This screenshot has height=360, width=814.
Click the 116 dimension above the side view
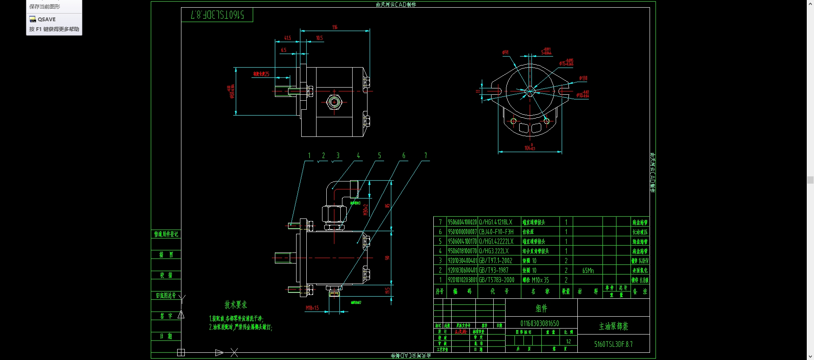click(335, 27)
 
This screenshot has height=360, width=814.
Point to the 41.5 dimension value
click(288, 38)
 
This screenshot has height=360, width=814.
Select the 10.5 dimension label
click(319, 38)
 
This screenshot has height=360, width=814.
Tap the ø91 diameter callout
click(505, 52)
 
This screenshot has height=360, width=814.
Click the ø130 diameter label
click(583, 78)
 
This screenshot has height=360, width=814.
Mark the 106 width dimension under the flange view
click(529, 147)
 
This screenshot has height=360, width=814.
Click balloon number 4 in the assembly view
click(358, 156)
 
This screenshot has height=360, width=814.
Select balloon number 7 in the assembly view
click(425, 156)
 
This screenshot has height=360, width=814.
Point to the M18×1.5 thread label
click(312, 308)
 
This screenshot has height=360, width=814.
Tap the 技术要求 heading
click(235, 305)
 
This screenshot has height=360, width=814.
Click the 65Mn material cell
click(588, 270)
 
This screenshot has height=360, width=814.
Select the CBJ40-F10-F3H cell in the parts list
click(496, 232)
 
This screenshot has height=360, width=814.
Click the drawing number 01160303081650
click(540, 323)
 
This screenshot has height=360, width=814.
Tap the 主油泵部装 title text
click(613, 326)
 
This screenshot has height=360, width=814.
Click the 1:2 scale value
click(568, 341)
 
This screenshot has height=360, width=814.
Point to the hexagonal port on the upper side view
click(334, 102)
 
